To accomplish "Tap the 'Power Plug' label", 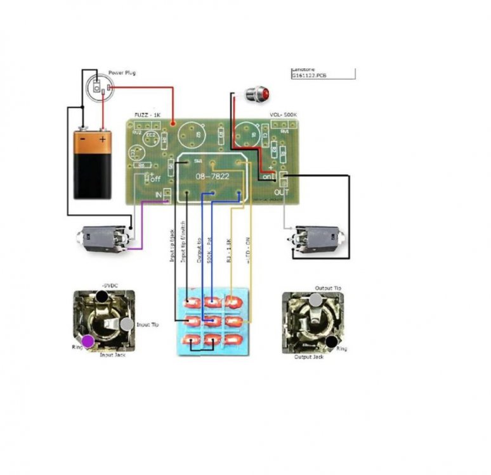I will (121, 73).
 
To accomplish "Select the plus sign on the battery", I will (103, 138).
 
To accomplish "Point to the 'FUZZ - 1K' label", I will (147, 115).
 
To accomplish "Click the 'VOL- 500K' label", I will (283, 115).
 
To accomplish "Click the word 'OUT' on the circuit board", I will (282, 192).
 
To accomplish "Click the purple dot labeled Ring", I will (88, 341).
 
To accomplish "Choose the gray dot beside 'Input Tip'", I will (127, 324).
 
